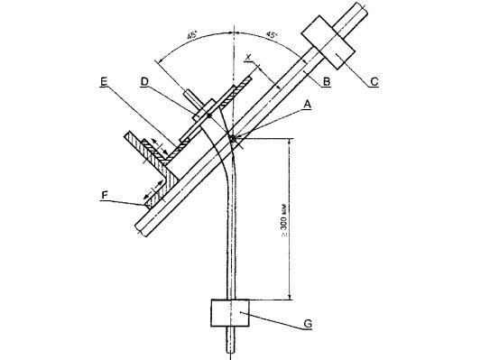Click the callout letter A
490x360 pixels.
(x=308, y=105)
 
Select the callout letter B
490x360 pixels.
(x=327, y=81)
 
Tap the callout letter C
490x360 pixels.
(x=374, y=81)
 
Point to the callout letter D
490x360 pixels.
(x=144, y=82)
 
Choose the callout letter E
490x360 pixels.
(x=104, y=82)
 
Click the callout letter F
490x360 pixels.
(x=105, y=195)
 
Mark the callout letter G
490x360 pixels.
(x=308, y=324)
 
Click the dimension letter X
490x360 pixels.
(x=248, y=58)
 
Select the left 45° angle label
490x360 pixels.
(x=192, y=35)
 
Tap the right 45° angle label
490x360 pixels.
(x=272, y=35)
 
